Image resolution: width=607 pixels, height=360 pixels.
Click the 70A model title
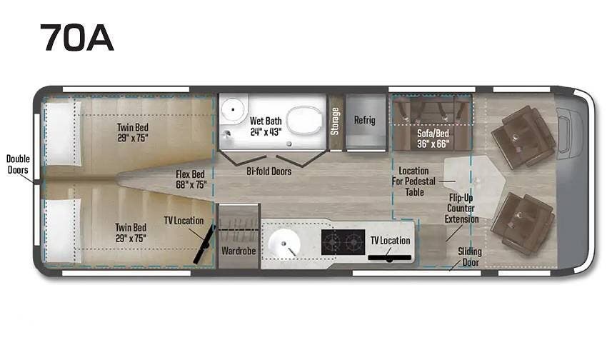pos(76,38)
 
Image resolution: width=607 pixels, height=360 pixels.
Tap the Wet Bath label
pos(266,126)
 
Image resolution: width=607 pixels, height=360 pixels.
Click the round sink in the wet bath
pos(233,109)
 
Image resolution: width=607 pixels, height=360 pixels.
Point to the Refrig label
pos(365,120)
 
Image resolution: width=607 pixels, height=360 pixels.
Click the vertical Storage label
pos(335,121)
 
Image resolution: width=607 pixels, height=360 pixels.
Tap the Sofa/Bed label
pos(433,139)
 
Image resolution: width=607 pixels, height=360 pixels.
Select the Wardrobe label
pos(239,251)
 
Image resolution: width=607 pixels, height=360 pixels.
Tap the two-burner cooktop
pos(343,242)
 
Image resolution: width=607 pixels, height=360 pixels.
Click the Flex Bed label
pos(191,179)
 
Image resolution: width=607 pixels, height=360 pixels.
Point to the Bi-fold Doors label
pos(269,171)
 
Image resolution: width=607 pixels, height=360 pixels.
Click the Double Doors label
pos(18,164)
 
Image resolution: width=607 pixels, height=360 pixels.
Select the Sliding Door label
pos(470,256)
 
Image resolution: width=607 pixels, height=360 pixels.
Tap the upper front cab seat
pos(523,137)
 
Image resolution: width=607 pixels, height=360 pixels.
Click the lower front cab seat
pos(523,224)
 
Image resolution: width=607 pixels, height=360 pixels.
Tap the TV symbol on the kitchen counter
pos(389,257)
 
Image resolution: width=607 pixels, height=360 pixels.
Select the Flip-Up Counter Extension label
pos(461,209)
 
